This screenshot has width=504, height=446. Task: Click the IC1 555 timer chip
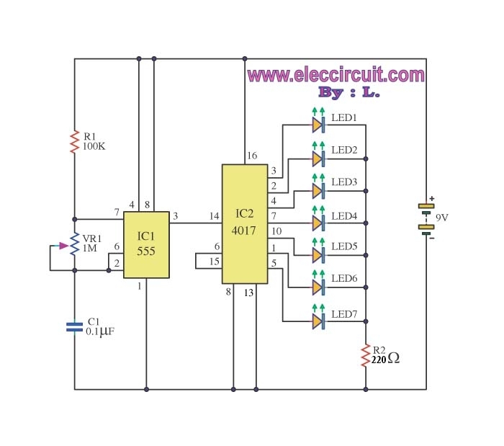pos(146,244)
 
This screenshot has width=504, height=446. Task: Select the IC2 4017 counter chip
pos(244,223)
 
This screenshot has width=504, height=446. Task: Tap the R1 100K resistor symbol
pos(74,141)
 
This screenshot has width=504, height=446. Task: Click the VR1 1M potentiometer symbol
pos(74,244)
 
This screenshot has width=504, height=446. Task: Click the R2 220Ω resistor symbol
pos(366,355)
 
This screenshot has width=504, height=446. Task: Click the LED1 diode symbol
pos(318,125)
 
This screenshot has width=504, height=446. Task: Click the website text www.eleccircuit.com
pos(336,75)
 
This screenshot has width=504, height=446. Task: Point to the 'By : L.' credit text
pos(348,93)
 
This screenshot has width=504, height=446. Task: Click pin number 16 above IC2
pos(252,156)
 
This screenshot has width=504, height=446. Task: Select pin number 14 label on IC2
pos(214,215)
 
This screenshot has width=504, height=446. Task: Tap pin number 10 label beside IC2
pos(276,231)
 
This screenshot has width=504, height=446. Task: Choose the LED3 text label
pos(344,182)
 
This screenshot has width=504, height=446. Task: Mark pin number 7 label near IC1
pos(116,212)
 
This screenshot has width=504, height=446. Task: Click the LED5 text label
pos(344,246)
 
